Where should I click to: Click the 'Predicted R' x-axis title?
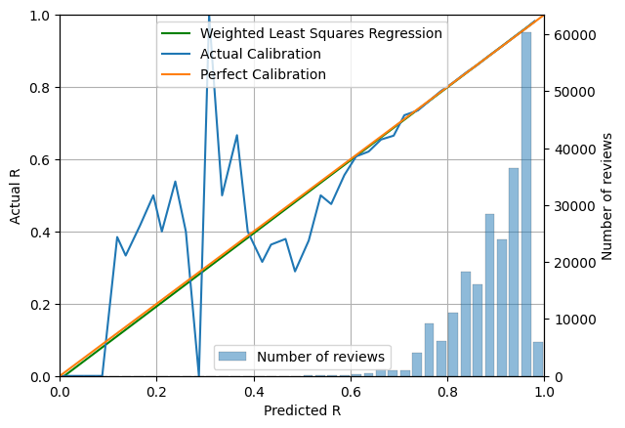(302, 411)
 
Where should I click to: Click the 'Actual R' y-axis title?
(16, 195)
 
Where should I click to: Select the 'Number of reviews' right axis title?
(607, 195)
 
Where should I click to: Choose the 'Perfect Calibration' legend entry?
(263, 74)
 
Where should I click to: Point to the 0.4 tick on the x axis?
(253, 377)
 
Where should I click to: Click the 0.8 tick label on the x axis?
(447, 392)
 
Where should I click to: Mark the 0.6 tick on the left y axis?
(60, 159)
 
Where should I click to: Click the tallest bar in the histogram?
(526, 205)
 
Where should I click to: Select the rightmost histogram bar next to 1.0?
(538, 360)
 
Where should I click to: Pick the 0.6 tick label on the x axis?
(351, 392)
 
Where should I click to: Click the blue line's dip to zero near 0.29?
(199, 375)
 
